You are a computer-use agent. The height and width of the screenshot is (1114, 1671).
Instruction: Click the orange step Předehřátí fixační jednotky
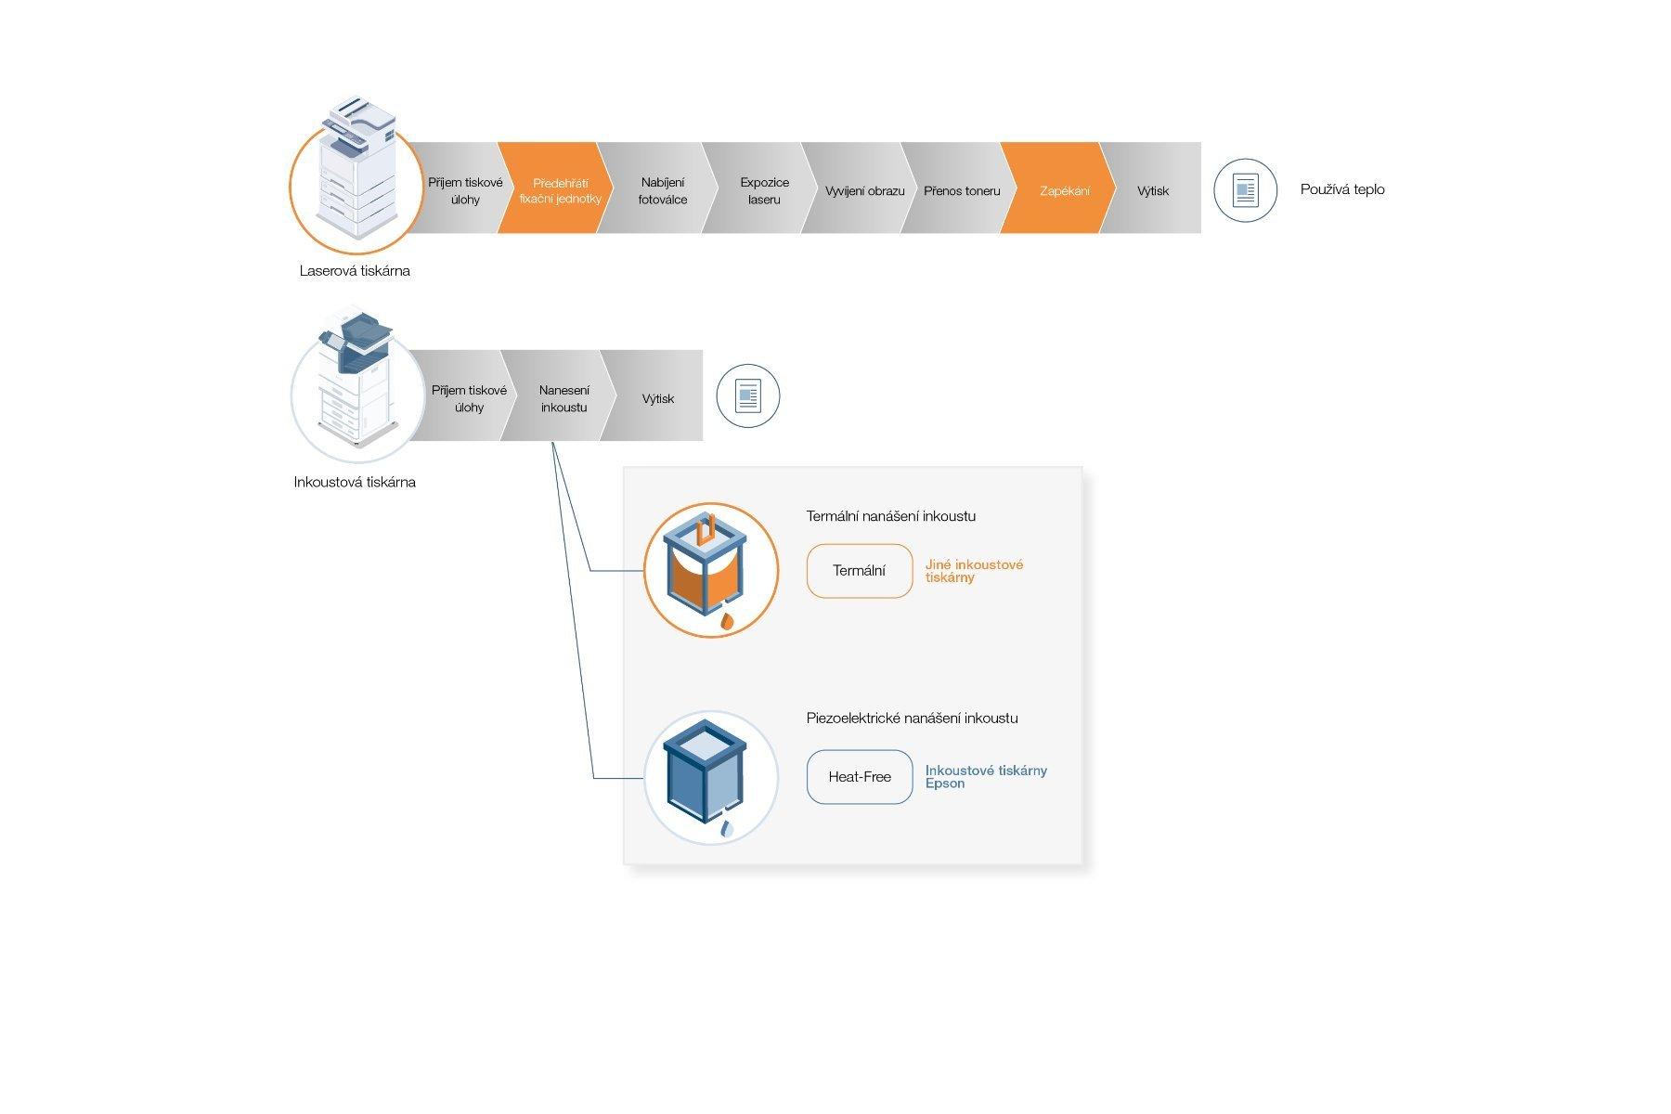(559, 190)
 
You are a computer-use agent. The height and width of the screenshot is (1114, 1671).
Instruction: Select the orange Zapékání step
(1064, 190)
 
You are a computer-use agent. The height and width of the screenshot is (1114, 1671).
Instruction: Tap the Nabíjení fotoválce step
(662, 190)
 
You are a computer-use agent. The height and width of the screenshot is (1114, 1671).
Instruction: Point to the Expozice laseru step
(764, 190)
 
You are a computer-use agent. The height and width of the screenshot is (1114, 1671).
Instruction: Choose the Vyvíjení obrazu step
(864, 190)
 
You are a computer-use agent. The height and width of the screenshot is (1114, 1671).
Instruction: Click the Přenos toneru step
(962, 190)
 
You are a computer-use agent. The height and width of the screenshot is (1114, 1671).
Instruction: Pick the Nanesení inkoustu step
(563, 398)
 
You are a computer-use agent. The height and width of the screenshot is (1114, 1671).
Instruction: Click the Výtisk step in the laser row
(1152, 190)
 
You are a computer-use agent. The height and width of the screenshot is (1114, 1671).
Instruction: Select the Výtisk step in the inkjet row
(657, 398)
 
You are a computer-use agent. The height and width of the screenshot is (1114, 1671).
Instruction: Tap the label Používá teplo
(1342, 189)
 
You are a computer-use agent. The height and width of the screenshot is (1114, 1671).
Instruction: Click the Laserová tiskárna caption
(355, 271)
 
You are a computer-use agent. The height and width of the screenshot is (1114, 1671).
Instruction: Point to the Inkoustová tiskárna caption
(355, 482)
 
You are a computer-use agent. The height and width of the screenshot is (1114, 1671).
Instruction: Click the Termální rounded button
(859, 571)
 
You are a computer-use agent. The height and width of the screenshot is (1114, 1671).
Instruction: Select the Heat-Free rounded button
(859, 777)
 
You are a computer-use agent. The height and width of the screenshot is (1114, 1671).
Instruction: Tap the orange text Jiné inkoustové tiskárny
(974, 570)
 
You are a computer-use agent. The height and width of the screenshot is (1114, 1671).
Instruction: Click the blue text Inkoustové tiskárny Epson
(985, 776)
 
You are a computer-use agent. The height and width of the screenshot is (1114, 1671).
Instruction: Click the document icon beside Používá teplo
(1245, 190)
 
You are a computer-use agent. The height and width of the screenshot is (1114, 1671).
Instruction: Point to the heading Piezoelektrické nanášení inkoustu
(912, 718)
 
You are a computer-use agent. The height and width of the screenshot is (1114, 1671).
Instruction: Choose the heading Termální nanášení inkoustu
(890, 516)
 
